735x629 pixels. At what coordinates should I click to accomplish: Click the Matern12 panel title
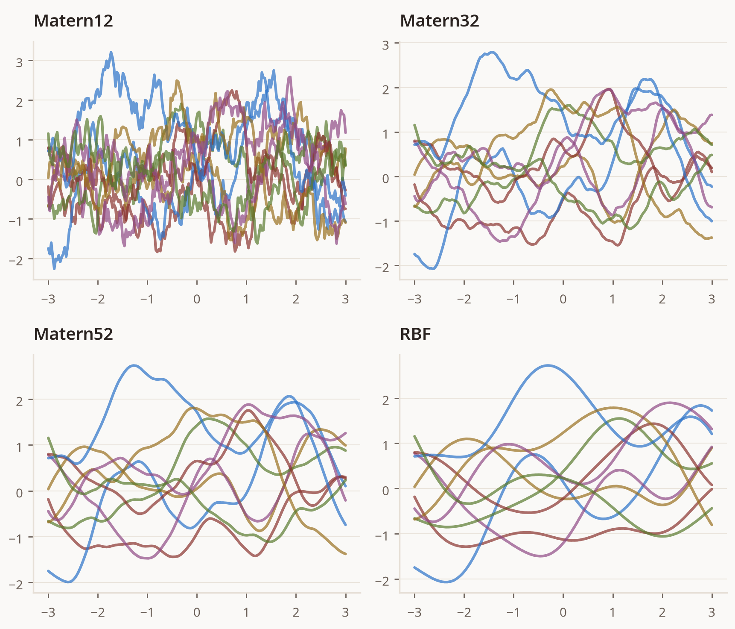coord(73,21)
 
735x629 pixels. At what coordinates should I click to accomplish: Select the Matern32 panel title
coord(440,21)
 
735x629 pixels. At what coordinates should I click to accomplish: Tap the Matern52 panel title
coord(73,334)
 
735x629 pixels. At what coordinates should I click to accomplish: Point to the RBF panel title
coord(415,334)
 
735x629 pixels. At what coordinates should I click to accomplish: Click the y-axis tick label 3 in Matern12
coord(19,62)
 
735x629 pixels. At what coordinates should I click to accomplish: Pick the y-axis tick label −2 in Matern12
coord(16,261)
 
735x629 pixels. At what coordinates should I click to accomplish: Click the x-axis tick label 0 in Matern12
coord(197,299)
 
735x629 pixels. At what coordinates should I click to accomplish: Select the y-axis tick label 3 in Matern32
coord(385,45)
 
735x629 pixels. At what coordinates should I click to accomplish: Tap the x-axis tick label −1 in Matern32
coord(513,299)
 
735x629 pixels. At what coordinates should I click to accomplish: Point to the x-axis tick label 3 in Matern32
coord(712,299)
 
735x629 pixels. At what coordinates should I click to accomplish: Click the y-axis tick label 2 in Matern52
coord(19,401)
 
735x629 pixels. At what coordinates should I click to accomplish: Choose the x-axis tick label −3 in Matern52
coord(48,612)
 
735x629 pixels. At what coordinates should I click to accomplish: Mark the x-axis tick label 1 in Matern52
coord(246,612)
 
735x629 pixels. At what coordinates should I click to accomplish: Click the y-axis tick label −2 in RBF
coord(382,581)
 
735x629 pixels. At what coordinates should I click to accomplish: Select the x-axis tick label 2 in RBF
coord(662,612)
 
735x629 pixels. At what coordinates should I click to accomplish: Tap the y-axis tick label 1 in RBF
coord(385,445)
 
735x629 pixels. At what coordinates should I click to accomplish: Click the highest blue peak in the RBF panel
coord(548,365)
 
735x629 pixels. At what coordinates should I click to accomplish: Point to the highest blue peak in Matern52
coord(134,365)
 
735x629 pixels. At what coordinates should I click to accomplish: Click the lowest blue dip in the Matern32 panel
coord(433,269)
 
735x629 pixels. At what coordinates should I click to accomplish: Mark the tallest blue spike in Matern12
coord(111,52)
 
